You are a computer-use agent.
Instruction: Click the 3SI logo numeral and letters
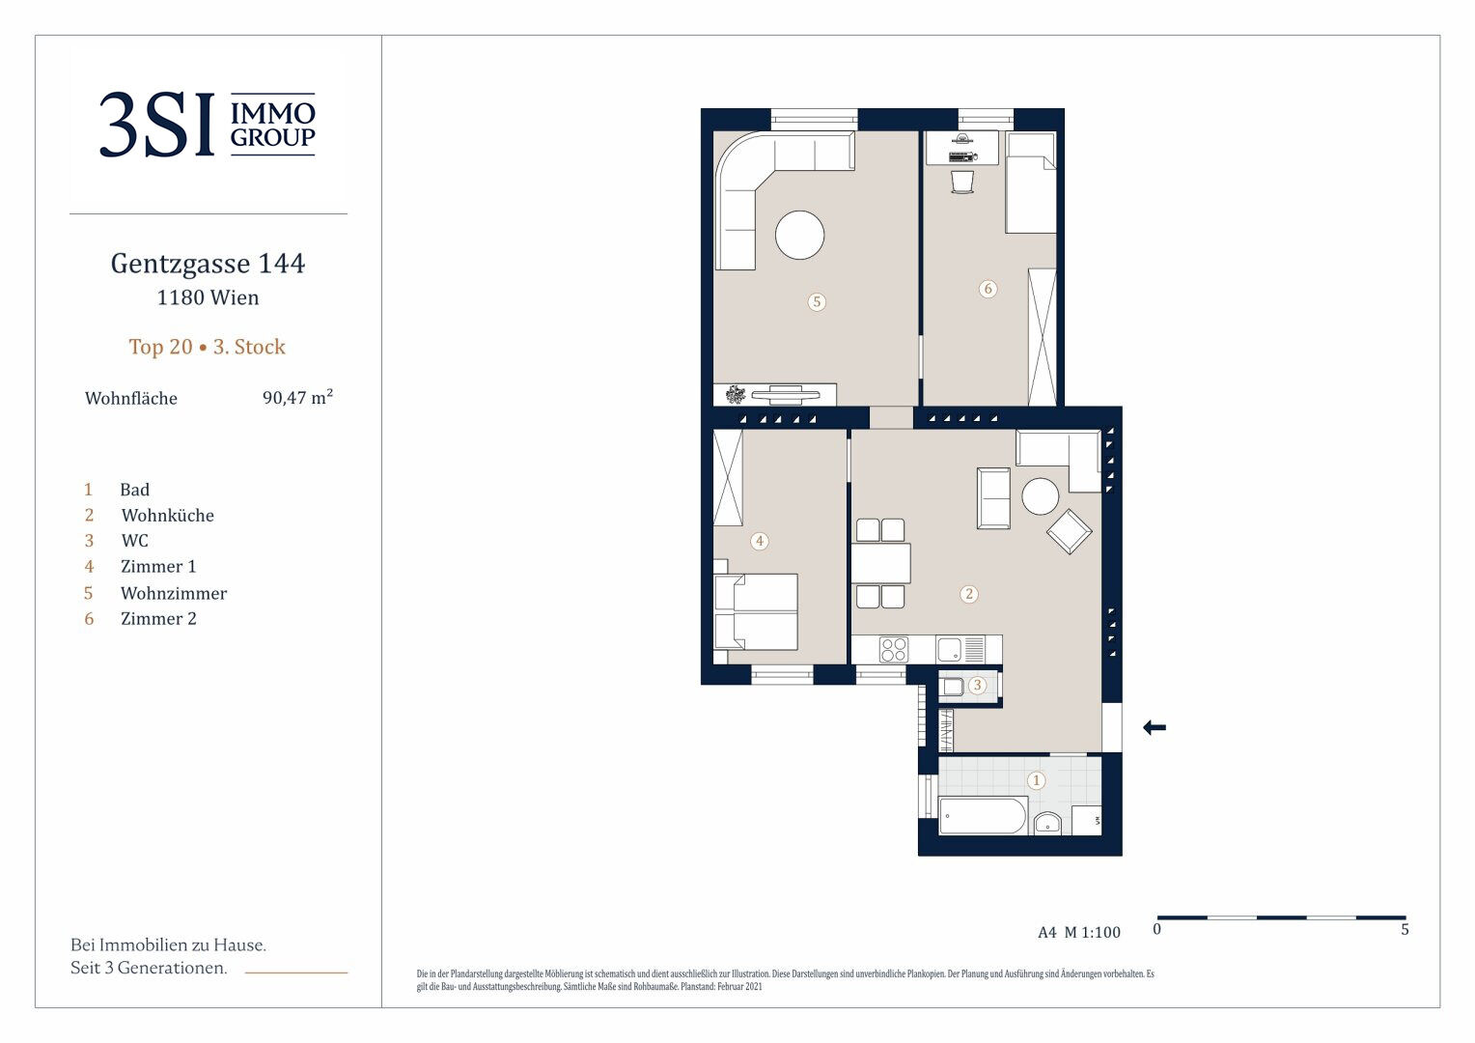(156, 125)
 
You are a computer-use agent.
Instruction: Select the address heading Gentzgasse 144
(209, 265)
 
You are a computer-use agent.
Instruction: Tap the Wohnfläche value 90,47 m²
(297, 397)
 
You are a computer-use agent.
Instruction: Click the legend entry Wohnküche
(168, 516)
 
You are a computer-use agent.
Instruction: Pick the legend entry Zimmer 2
(158, 619)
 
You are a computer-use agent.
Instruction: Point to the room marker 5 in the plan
(817, 301)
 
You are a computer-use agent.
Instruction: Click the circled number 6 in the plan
(988, 289)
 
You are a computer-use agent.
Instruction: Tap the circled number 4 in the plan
(760, 541)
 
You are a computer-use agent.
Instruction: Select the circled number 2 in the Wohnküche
(968, 594)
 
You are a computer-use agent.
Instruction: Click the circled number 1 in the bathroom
(1036, 780)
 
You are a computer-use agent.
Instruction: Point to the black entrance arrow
(1155, 727)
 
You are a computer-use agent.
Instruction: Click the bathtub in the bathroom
(983, 816)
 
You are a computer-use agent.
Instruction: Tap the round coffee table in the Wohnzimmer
(799, 235)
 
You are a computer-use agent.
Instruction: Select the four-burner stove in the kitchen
(894, 650)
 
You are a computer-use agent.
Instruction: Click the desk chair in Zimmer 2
(962, 182)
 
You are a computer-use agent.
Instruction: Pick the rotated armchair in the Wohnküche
(1069, 532)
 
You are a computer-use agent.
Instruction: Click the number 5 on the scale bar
(1405, 930)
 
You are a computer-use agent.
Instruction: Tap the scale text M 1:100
(1093, 932)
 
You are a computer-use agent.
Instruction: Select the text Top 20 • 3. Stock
(208, 347)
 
